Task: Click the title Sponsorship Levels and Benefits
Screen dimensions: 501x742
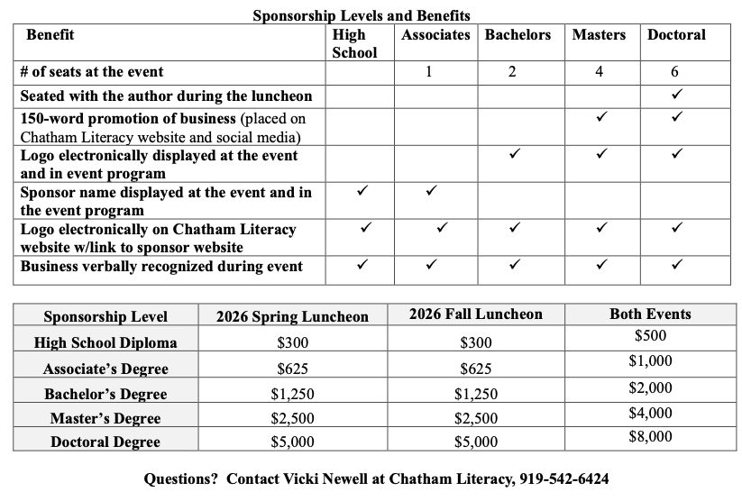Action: click(x=361, y=15)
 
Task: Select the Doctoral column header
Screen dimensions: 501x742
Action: click(x=676, y=35)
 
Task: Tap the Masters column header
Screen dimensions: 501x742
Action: click(x=599, y=35)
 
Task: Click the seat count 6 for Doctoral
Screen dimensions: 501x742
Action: click(x=674, y=72)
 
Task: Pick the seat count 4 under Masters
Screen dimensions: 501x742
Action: click(x=600, y=72)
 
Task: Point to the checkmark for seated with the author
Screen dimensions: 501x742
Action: click(x=676, y=94)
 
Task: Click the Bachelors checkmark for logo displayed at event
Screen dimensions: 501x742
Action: click(x=513, y=154)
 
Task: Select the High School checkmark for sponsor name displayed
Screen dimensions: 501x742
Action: click(x=362, y=191)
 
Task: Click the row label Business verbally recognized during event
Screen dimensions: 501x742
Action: click(x=161, y=266)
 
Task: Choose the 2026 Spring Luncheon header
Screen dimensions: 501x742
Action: click(x=292, y=316)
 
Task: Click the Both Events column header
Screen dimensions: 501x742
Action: click(x=650, y=314)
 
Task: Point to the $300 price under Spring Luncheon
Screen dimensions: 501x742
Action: click(x=292, y=342)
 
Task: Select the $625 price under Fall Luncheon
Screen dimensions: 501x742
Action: click(x=475, y=369)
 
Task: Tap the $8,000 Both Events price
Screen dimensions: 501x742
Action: click(x=650, y=437)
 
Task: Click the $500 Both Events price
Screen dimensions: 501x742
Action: click(x=650, y=336)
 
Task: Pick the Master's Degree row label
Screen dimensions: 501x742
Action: click(x=105, y=418)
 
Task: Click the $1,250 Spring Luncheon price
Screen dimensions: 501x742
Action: click(x=292, y=394)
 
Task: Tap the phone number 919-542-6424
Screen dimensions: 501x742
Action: click(x=564, y=479)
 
